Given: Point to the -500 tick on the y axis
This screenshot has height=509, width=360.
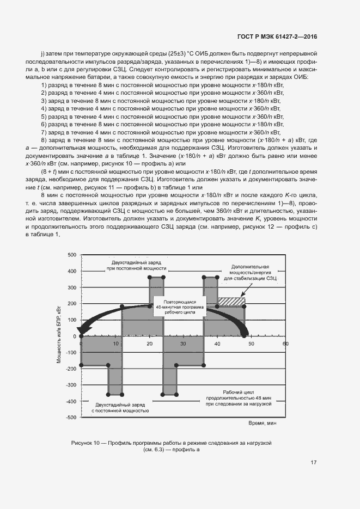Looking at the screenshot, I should (71, 418).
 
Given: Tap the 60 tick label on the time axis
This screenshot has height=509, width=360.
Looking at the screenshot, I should (285, 344).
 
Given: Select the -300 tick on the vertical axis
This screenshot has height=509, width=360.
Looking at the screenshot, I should (71, 385).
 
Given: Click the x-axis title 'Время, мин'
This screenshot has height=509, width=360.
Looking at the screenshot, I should (263, 423).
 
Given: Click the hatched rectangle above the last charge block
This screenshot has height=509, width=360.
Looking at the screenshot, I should (231, 301).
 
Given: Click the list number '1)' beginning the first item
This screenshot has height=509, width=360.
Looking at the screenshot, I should (44, 85).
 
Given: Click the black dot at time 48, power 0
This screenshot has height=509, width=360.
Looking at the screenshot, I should (244, 336).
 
